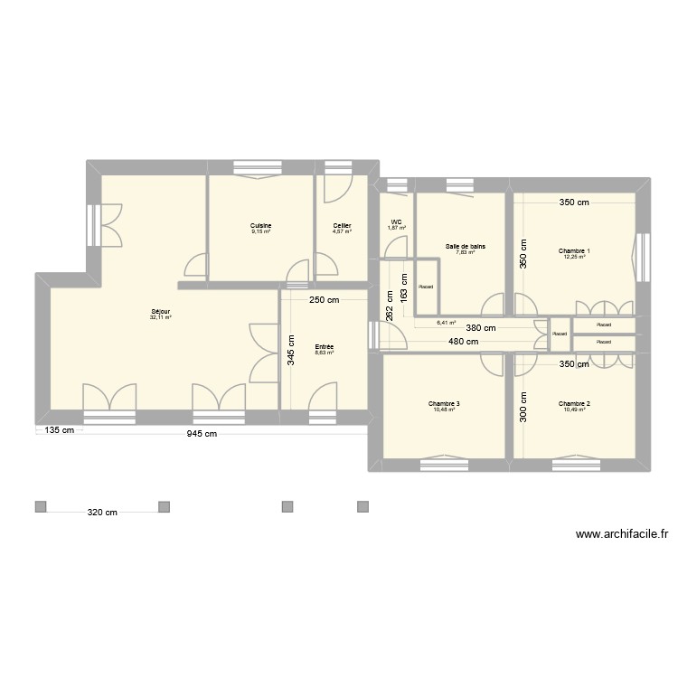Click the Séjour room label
(161, 312)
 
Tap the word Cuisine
(261, 225)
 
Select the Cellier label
(342, 225)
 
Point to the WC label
(396, 222)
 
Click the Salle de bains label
(466, 246)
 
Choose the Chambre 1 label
(573, 250)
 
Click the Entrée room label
(324, 346)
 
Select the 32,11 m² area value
(161, 318)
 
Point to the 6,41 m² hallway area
(446, 321)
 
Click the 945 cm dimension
(196, 433)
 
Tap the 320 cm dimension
(102, 513)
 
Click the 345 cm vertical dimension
(291, 349)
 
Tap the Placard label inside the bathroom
(426, 287)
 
